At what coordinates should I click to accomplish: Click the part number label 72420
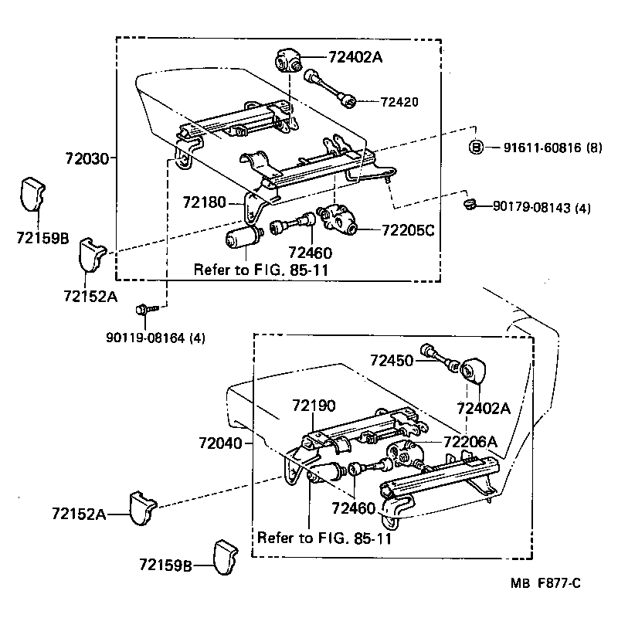point(399,102)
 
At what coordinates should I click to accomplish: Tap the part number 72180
point(204,203)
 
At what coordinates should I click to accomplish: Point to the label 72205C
point(407,229)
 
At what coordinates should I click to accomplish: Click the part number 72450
point(391,360)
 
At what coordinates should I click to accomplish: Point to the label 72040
point(219,443)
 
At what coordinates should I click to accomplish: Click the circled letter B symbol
point(477,147)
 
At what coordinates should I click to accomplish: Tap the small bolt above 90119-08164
point(144,309)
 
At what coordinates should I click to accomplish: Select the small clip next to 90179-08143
point(467,204)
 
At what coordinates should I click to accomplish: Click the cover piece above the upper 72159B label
point(33,193)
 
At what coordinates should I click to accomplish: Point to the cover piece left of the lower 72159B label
point(224,558)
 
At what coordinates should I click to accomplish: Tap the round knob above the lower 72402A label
point(471,370)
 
